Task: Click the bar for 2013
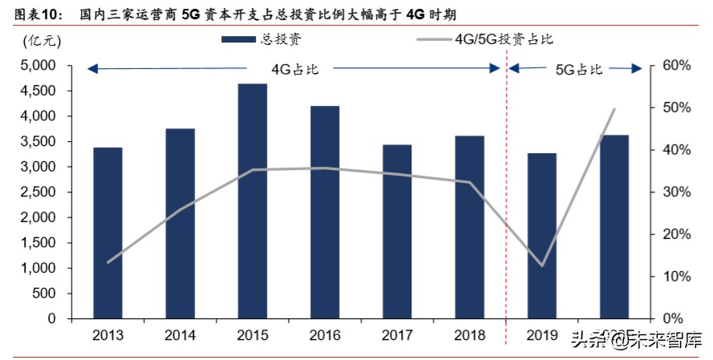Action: coord(107,233)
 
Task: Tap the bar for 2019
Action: coord(542,236)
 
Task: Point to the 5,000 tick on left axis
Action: coord(38,66)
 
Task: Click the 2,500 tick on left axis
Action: coord(38,192)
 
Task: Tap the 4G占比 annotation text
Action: coord(295,69)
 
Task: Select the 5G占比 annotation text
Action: coord(578,70)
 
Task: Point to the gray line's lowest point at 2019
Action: coord(542,265)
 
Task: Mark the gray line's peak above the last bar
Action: coord(614,109)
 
